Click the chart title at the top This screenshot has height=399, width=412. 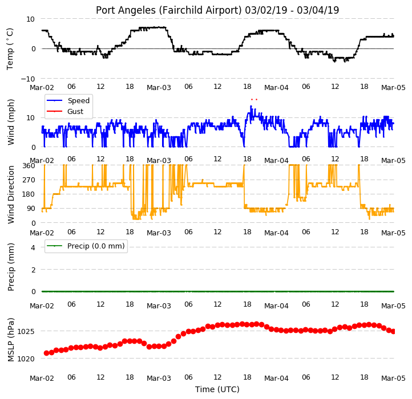pyautogui.click(x=217, y=10)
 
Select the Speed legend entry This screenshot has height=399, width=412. pyautogui.click(x=68, y=100)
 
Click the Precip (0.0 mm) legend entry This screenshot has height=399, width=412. pyautogui.click(x=86, y=246)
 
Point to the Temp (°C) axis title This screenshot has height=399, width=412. pyautogui.click(x=10, y=49)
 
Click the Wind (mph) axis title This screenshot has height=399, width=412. pyautogui.click(x=11, y=122)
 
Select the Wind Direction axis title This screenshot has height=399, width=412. pyautogui.click(x=11, y=194)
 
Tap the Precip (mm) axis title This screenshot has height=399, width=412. pyautogui.click(x=11, y=267)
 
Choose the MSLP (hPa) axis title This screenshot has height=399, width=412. pyautogui.click(x=11, y=340)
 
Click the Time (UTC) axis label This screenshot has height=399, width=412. pyautogui.click(x=217, y=389)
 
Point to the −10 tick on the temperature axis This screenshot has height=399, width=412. pyautogui.click(x=27, y=79)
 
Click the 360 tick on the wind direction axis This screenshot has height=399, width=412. pyautogui.click(x=29, y=166)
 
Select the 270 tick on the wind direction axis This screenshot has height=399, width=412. pyautogui.click(x=29, y=180)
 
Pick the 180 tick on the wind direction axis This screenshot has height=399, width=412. pyautogui.click(x=29, y=194)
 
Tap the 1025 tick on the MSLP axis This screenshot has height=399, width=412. pyautogui.click(x=26, y=332)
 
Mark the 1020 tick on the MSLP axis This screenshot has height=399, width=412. pyautogui.click(x=26, y=359)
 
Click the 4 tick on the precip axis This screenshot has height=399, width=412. pyautogui.click(x=33, y=247)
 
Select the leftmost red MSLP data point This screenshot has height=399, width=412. pyautogui.click(x=47, y=353)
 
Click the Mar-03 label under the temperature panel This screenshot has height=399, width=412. pyautogui.click(x=159, y=87)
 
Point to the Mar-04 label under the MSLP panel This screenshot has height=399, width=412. pyautogui.click(x=276, y=378)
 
